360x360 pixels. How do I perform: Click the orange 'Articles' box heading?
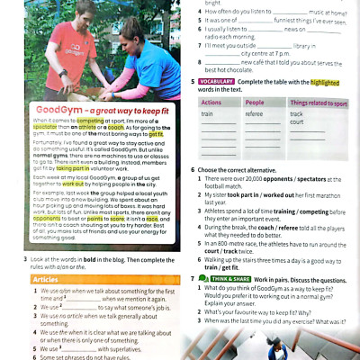coord(46,280)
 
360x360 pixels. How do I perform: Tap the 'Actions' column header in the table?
coord(212,103)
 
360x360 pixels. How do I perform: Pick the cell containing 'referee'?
coord(255,114)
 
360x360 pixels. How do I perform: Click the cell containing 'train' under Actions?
coord(208,114)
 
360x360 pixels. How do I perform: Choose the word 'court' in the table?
coord(297,122)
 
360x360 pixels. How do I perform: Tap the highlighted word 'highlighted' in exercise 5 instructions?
coord(328,82)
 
